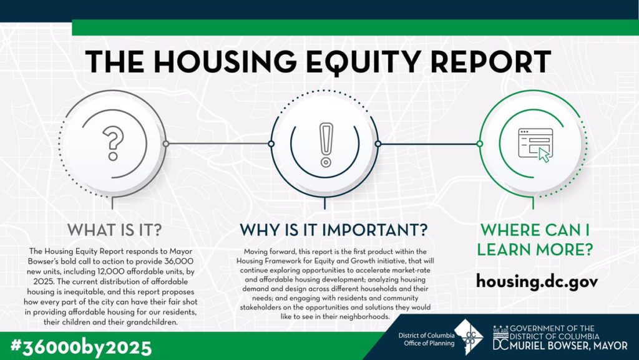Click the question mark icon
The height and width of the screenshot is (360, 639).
113,142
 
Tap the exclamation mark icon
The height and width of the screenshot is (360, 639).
325,145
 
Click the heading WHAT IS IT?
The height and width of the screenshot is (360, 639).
115,230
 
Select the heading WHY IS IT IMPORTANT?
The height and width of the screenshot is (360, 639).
333,230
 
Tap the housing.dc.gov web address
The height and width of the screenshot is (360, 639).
537,281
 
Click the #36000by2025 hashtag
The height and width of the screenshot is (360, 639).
81,348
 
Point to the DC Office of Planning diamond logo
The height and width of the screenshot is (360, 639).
469,337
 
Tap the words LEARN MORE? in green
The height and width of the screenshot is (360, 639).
535,250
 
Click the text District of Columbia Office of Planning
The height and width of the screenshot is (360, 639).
426,339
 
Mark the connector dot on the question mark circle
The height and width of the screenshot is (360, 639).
166,144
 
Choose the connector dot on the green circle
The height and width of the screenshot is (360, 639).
480,144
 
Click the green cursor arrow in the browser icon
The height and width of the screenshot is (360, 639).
544,155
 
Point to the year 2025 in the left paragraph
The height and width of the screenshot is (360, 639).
41,281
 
